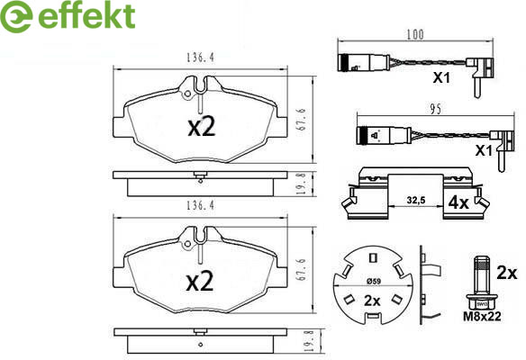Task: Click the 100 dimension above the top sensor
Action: point(415,34)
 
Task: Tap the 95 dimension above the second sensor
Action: point(435,110)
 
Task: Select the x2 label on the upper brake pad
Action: point(201,127)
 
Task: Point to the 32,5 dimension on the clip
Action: point(416,200)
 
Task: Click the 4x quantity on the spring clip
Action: point(458,202)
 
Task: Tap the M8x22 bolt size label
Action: point(482,316)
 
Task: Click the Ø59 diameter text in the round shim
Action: point(374,282)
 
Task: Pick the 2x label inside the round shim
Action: point(372,301)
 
